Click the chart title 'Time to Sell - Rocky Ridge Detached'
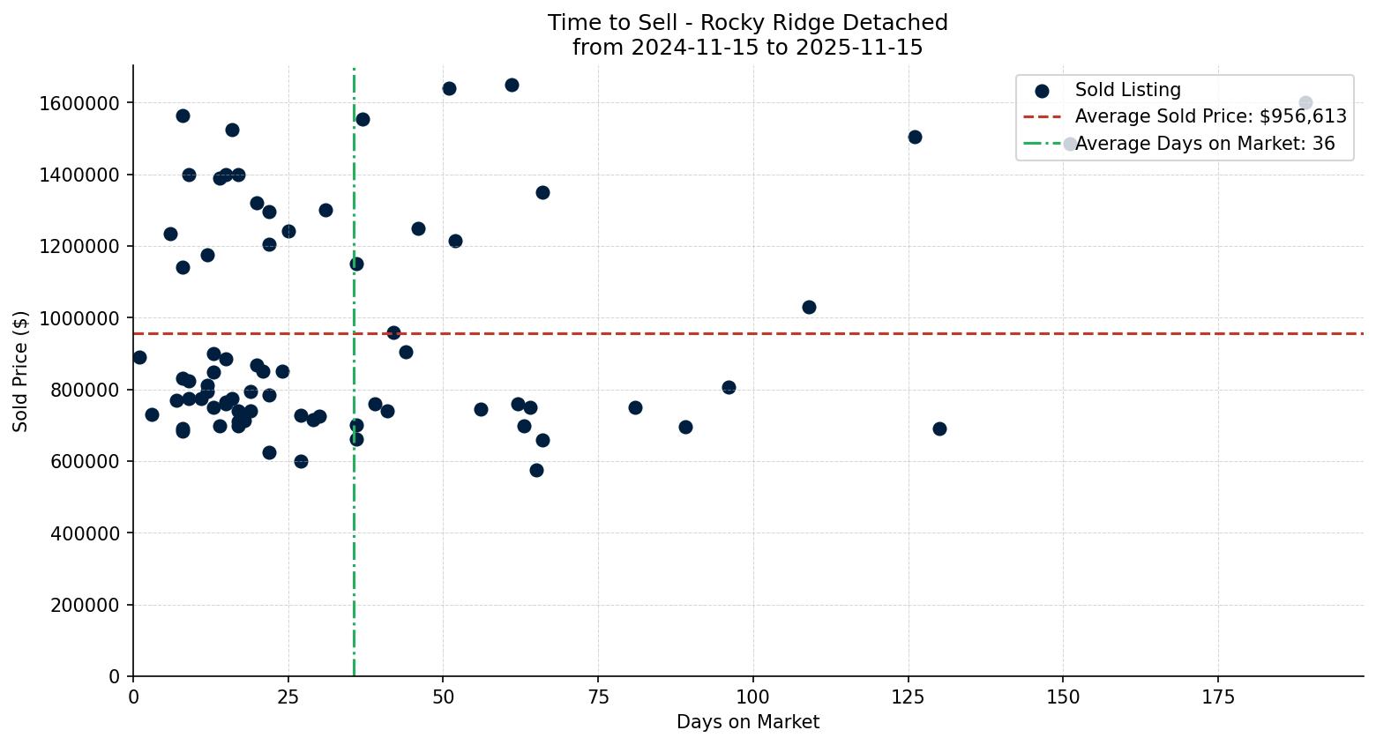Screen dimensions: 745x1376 coord(747,23)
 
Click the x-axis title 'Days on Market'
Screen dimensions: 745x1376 coord(747,722)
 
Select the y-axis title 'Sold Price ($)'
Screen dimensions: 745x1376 coord(21,371)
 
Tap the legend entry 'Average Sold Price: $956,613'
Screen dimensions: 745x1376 coord(1210,116)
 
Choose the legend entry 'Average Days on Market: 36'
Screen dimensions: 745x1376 coord(1204,144)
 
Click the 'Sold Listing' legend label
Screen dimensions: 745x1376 coord(1127,90)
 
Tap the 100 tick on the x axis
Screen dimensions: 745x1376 coord(753,697)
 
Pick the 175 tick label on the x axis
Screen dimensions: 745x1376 coord(1218,697)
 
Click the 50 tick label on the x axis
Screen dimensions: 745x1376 coord(443,697)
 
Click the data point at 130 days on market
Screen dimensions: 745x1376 coord(939,428)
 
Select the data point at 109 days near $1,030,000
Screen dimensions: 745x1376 coord(809,307)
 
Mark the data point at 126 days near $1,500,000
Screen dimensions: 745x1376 coord(915,137)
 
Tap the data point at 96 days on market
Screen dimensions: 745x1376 coord(729,387)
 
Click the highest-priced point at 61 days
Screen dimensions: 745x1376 coord(512,85)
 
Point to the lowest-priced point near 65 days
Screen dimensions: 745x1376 coord(536,470)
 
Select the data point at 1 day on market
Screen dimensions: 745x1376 coord(139,357)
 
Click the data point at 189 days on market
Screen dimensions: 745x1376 coord(1305,103)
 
